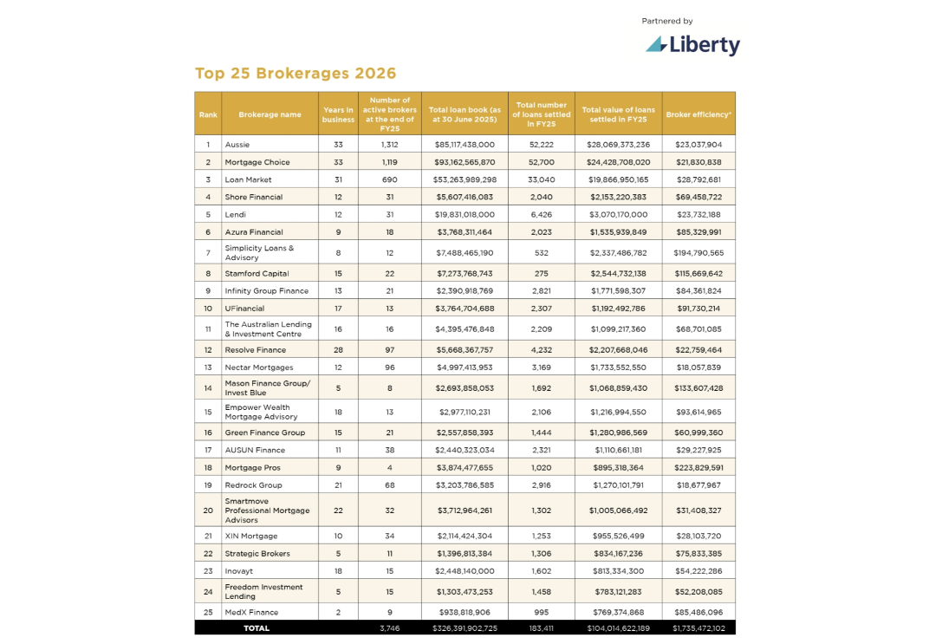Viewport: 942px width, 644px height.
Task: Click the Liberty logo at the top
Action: coord(692,44)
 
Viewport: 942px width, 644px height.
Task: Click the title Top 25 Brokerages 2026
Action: coord(296,74)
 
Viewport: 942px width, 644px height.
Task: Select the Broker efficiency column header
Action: coord(698,114)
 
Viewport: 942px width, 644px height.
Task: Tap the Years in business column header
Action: coord(338,114)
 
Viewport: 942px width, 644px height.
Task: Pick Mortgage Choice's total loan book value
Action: coord(465,162)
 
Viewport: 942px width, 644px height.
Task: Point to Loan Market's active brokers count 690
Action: coord(389,179)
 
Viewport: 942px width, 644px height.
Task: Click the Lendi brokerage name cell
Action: coord(236,214)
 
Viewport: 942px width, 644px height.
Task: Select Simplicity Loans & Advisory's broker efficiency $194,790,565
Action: coord(698,252)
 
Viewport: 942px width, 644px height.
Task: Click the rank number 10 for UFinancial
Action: coord(208,309)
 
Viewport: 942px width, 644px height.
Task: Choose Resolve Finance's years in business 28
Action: coord(338,350)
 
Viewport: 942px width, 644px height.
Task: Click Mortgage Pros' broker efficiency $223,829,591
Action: coord(698,467)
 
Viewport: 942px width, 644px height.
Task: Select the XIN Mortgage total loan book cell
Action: coord(465,536)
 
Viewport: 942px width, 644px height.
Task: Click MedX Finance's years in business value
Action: coord(338,612)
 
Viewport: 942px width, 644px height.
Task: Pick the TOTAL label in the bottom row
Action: coord(257,628)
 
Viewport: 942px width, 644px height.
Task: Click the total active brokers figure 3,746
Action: coord(389,628)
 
